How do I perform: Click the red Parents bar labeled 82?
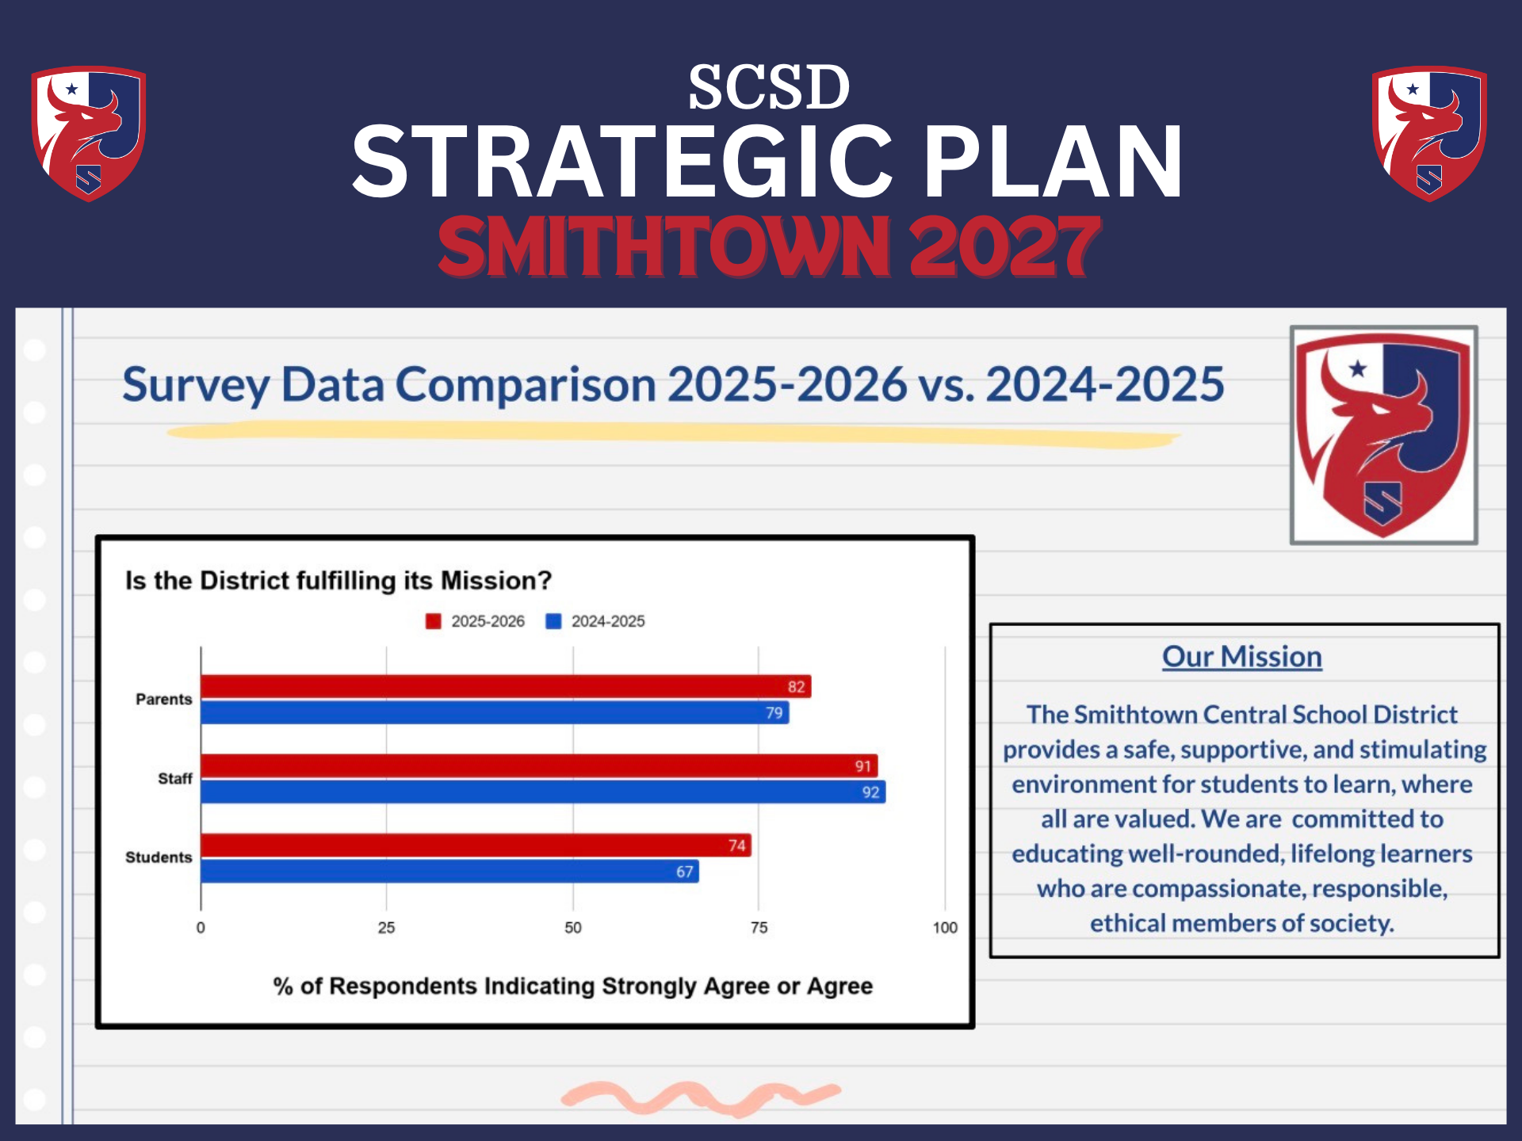[x=506, y=686]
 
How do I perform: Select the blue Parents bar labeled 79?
[x=495, y=712]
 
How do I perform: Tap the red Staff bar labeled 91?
[x=539, y=765]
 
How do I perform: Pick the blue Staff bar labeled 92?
[x=543, y=792]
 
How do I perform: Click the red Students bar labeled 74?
[x=476, y=845]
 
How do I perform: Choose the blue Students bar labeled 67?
[x=449, y=871]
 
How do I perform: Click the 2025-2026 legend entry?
[x=476, y=621]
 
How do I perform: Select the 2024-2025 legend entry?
[x=596, y=621]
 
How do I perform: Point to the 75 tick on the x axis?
[x=759, y=927]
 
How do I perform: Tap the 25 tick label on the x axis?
[x=386, y=927]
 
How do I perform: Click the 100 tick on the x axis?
[x=944, y=927]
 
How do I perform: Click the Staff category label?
[x=174, y=778]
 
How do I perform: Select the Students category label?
[x=159, y=857]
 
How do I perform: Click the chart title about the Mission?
[x=338, y=580]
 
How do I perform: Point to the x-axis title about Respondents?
[x=572, y=986]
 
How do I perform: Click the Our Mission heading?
[x=1241, y=656]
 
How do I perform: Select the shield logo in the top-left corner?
[x=88, y=133]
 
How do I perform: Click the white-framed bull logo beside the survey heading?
[x=1383, y=434]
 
